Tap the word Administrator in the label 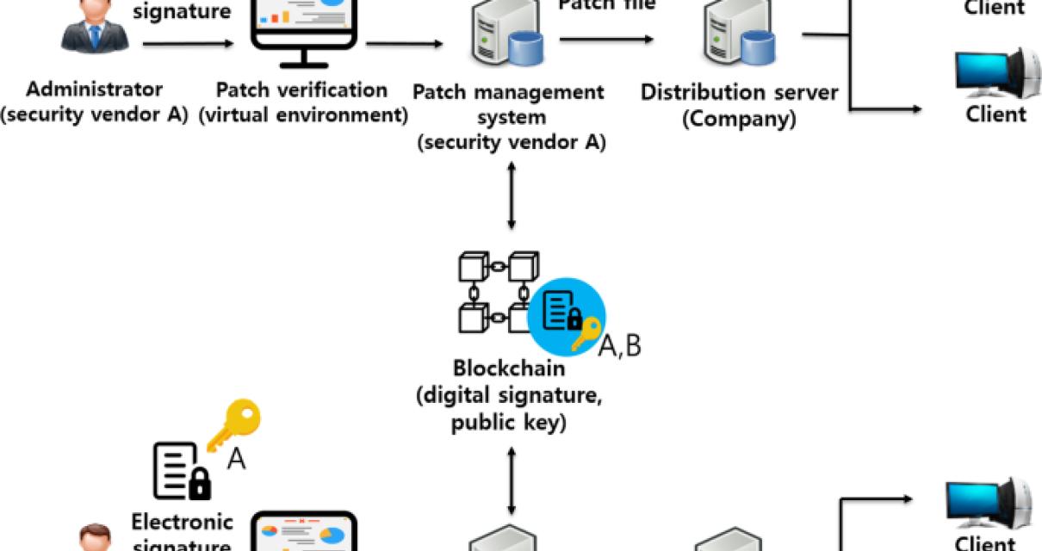[94, 90]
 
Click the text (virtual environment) [302, 115]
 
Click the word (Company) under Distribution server [739, 120]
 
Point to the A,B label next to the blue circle [620, 346]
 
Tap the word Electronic [182, 522]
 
